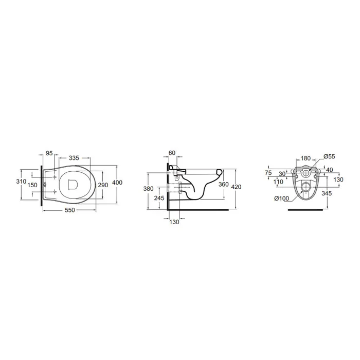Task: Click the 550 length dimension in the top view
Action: [x=70, y=210]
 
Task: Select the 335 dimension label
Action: [x=74, y=158]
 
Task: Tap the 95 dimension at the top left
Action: [x=49, y=153]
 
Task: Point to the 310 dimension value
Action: [x=21, y=182]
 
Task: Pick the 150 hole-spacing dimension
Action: [x=32, y=185]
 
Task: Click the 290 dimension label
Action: [x=103, y=185]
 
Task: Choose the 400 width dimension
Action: [x=117, y=183]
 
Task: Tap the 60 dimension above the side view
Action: [x=172, y=153]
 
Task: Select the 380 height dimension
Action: [x=148, y=189]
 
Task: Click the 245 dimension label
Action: [x=159, y=198]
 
